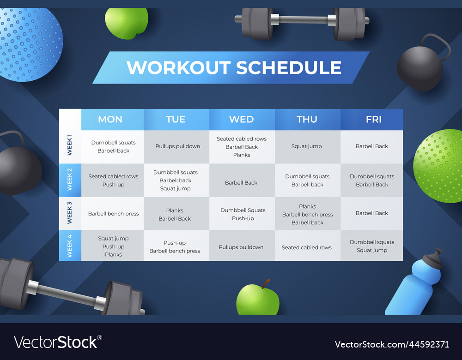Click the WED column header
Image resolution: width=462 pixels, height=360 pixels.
click(x=242, y=120)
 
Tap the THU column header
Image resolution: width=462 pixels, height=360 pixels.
click(x=307, y=120)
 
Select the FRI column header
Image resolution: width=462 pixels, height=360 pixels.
click(x=373, y=120)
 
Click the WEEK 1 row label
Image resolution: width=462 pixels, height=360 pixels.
click(x=70, y=146)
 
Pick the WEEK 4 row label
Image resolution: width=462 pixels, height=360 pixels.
click(x=70, y=246)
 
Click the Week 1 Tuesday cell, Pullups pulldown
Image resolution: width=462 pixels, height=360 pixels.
click(x=177, y=146)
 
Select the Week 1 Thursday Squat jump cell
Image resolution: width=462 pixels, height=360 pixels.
click(x=307, y=146)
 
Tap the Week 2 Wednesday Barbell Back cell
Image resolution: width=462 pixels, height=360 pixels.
click(x=241, y=183)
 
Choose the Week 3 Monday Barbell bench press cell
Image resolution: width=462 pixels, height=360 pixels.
click(x=113, y=214)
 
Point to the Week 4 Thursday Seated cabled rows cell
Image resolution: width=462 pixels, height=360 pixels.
click(x=307, y=247)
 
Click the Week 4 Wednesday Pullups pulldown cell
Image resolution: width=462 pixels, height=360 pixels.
click(x=241, y=247)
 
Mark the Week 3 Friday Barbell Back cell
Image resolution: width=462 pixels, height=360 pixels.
click(x=372, y=213)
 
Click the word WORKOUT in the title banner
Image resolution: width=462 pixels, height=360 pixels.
click(x=178, y=68)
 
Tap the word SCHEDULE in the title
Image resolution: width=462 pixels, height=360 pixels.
click(x=289, y=68)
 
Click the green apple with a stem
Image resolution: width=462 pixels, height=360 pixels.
click(x=258, y=299)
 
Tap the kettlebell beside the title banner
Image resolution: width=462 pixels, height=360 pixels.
click(x=421, y=67)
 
